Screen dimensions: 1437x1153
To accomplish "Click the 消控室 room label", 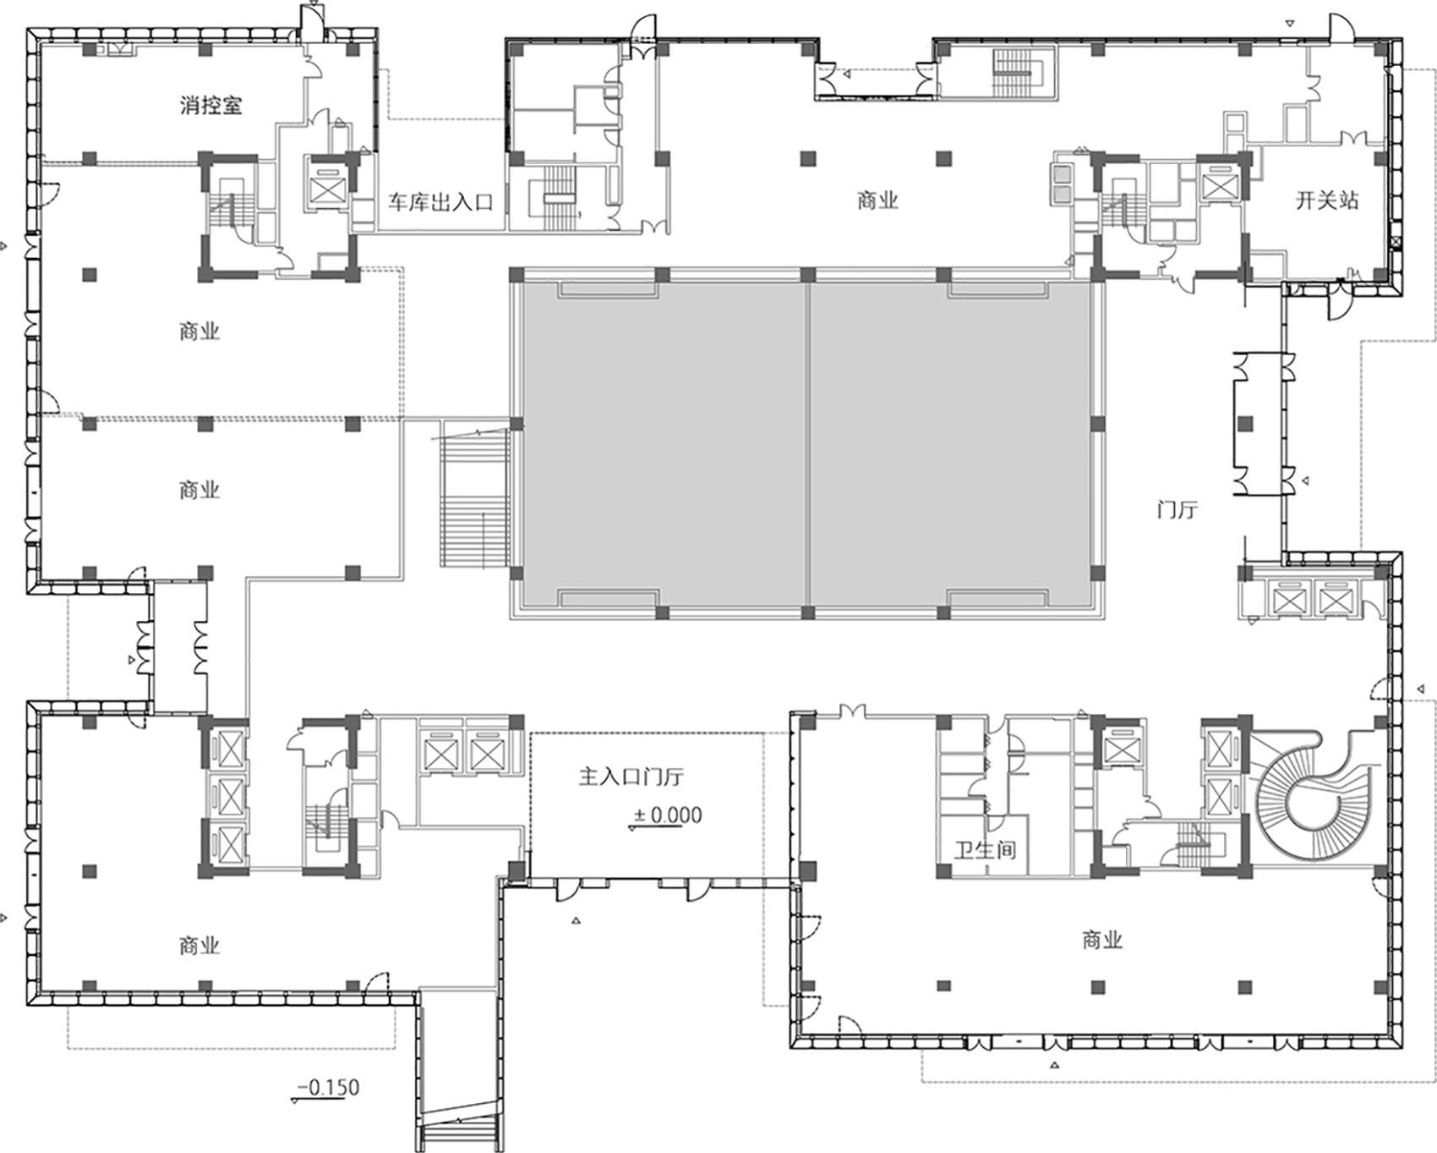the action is coord(210,106).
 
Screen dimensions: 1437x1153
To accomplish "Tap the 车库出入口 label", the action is coord(440,202).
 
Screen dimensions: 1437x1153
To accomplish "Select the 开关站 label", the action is coord(1327,201).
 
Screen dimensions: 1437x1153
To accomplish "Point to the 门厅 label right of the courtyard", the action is coord(1177,510).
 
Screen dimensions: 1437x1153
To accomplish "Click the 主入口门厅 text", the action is coord(631,776).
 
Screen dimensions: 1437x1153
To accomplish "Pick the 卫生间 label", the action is coord(985,849).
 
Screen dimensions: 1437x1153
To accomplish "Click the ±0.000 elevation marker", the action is coord(668,815).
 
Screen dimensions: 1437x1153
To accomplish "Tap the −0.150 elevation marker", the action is coord(327,1088).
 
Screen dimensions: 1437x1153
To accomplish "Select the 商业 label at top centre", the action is coord(877,201).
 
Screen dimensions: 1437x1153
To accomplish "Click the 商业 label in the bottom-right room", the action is coord(1101,940).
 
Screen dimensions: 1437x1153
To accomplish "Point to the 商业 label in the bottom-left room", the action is coord(199,945).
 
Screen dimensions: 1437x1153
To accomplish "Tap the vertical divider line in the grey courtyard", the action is coord(808,443).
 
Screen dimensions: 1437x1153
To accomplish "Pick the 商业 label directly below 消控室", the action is coord(199,331).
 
